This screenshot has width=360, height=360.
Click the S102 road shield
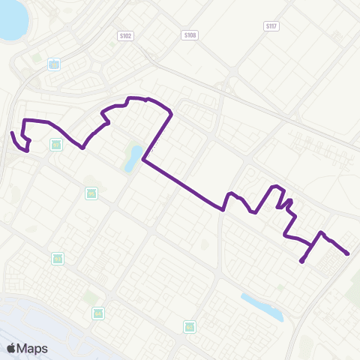[124, 34]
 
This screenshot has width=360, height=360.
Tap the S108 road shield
[190, 34]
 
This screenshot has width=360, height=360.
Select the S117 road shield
[271, 25]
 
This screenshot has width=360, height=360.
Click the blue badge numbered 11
[54, 64]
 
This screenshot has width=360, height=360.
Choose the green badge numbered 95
[91, 193]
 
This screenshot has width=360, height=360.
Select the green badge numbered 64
[97, 312]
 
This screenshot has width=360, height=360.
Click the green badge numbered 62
[190, 326]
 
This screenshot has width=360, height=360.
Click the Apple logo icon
[11, 348]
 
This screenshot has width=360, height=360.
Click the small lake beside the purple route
[134, 157]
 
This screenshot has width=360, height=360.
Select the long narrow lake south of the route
[262, 307]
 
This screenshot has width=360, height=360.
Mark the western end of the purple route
[12, 133]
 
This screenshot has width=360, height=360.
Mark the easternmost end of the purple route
[348, 254]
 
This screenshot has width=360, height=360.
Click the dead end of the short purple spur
[301, 261]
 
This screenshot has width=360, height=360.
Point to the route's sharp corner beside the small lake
[142, 160]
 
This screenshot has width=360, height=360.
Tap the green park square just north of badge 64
[91, 297]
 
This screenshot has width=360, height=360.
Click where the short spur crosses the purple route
[312, 244]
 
